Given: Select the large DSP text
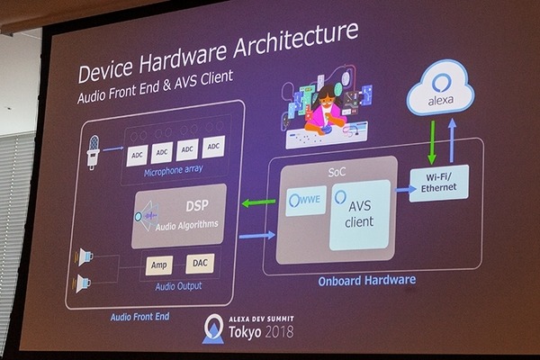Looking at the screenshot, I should pyautogui.click(x=184, y=204).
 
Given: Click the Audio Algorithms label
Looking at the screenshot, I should pyautogui.click(x=187, y=224).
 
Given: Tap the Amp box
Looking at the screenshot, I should pyautogui.click(x=157, y=265).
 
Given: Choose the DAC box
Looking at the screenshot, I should pyautogui.click(x=200, y=263).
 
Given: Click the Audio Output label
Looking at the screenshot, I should pyautogui.click(x=176, y=286).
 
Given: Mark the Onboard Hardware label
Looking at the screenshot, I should pyautogui.click(x=366, y=279).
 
